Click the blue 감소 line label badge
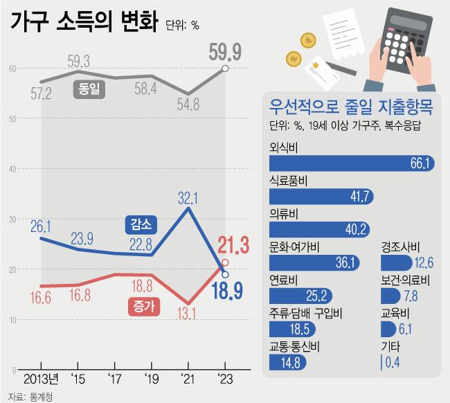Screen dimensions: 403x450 tap(141, 224)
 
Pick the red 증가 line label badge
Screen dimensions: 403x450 tap(141, 304)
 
